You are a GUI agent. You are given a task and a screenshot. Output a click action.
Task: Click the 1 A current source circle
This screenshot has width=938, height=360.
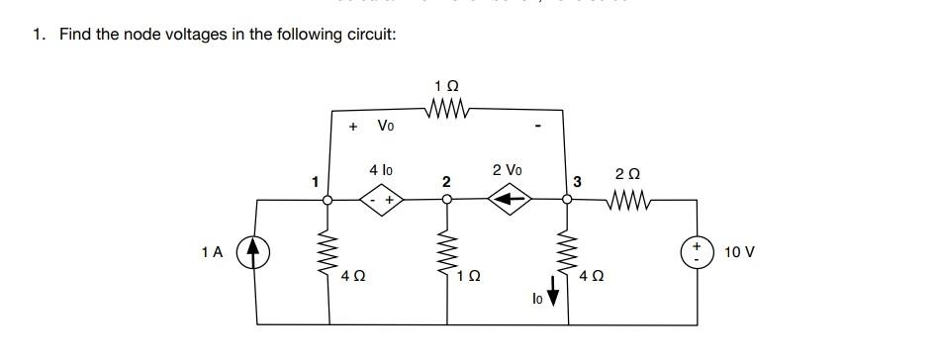pyautogui.click(x=256, y=253)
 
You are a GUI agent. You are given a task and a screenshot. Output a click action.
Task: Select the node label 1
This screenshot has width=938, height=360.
pyautogui.click(x=315, y=181)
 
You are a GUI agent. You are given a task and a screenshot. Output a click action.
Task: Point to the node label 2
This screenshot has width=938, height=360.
pyautogui.click(x=446, y=182)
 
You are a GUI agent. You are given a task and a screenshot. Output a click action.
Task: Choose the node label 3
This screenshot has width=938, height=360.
pyautogui.click(x=578, y=181)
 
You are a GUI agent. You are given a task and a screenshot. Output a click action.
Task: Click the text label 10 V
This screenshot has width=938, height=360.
pyautogui.click(x=739, y=252)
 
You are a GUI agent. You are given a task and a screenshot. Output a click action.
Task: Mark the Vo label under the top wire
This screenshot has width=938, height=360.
pyautogui.click(x=386, y=126)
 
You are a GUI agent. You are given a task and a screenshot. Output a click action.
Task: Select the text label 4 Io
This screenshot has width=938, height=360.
pyautogui.click(x=381, y=170)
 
